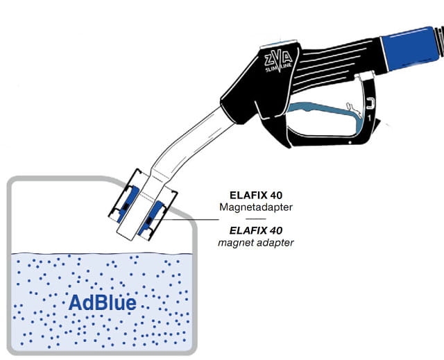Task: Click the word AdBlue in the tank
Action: point(101,303)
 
